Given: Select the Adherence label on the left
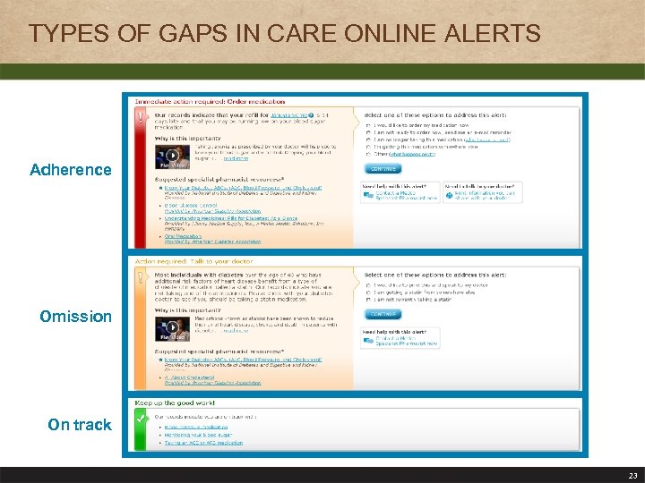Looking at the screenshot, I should coord(71,170).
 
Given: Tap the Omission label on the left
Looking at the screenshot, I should coord(76,317).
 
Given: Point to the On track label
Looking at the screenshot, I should coord(80,425).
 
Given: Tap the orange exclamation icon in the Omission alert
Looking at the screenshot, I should coord(140,278).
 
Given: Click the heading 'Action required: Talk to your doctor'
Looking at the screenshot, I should coord(184,261).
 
